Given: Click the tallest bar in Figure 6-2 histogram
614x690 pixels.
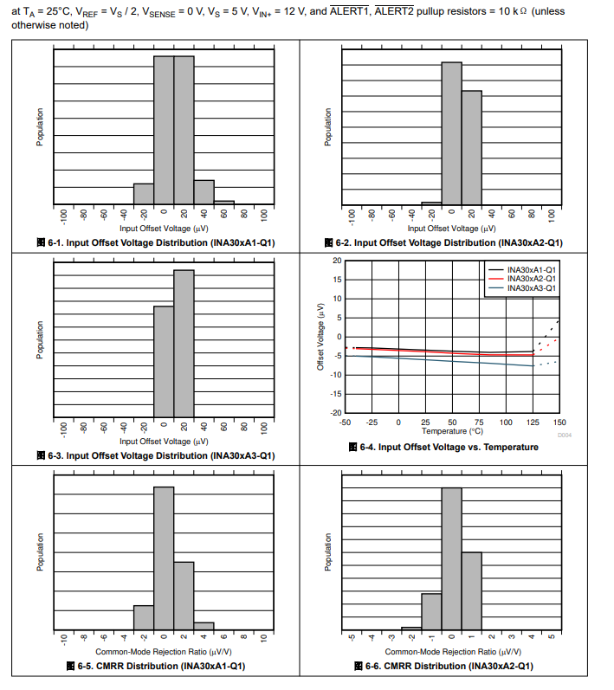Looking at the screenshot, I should (451, 134).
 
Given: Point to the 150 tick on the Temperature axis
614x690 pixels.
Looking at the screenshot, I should (559, 422).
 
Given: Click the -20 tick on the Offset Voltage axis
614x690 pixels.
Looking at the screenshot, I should (337, 413).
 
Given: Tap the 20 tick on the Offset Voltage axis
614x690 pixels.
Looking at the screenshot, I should (337, 261).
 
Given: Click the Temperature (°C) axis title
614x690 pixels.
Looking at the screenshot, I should (452, 430).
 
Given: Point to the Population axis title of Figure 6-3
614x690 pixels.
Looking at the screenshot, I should (39, 340).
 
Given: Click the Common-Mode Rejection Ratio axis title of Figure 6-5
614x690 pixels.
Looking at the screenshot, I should (164, 651).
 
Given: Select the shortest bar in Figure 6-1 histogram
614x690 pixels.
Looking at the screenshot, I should (223, 203).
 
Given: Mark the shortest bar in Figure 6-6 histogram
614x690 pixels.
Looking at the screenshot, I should (411, 629).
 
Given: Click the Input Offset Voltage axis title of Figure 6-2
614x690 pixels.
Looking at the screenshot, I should (452, 229).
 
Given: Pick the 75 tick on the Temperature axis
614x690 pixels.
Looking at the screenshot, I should (478, 422).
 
